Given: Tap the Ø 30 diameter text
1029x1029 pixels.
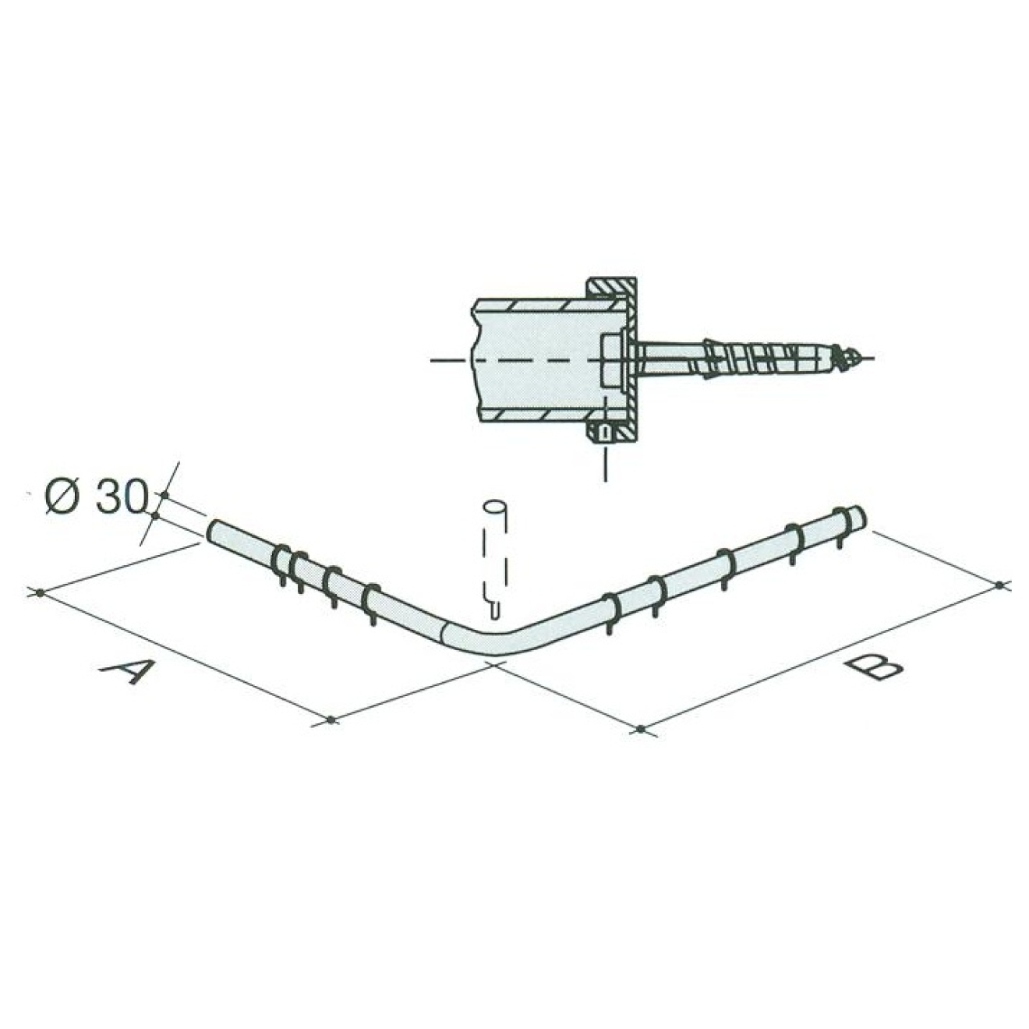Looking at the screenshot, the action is (x=95, y=497).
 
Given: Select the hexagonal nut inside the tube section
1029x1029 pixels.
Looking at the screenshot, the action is (x=613, y=361).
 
